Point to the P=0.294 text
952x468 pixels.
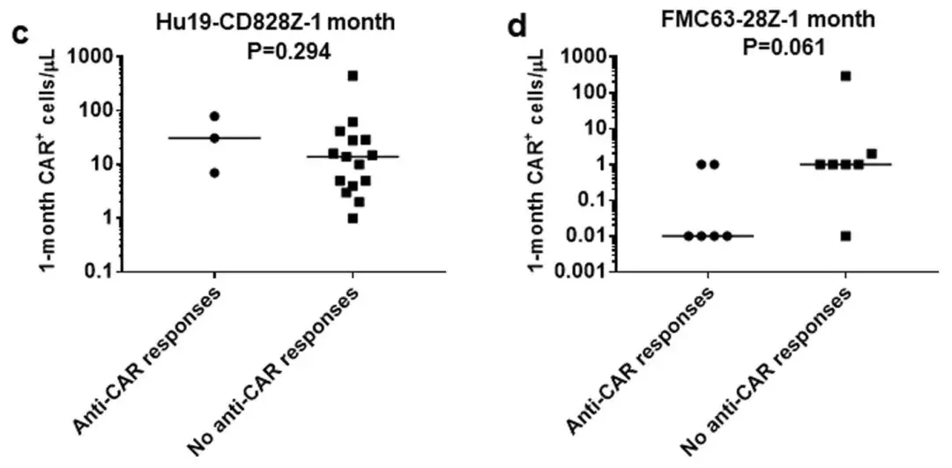[x=288, y=50]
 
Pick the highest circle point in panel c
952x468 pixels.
[x=214, y=116]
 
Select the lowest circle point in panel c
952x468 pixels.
[x=214, y=172]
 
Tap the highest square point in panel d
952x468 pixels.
[x=845, y=76]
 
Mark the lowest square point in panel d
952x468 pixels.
[x=845, y=235]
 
